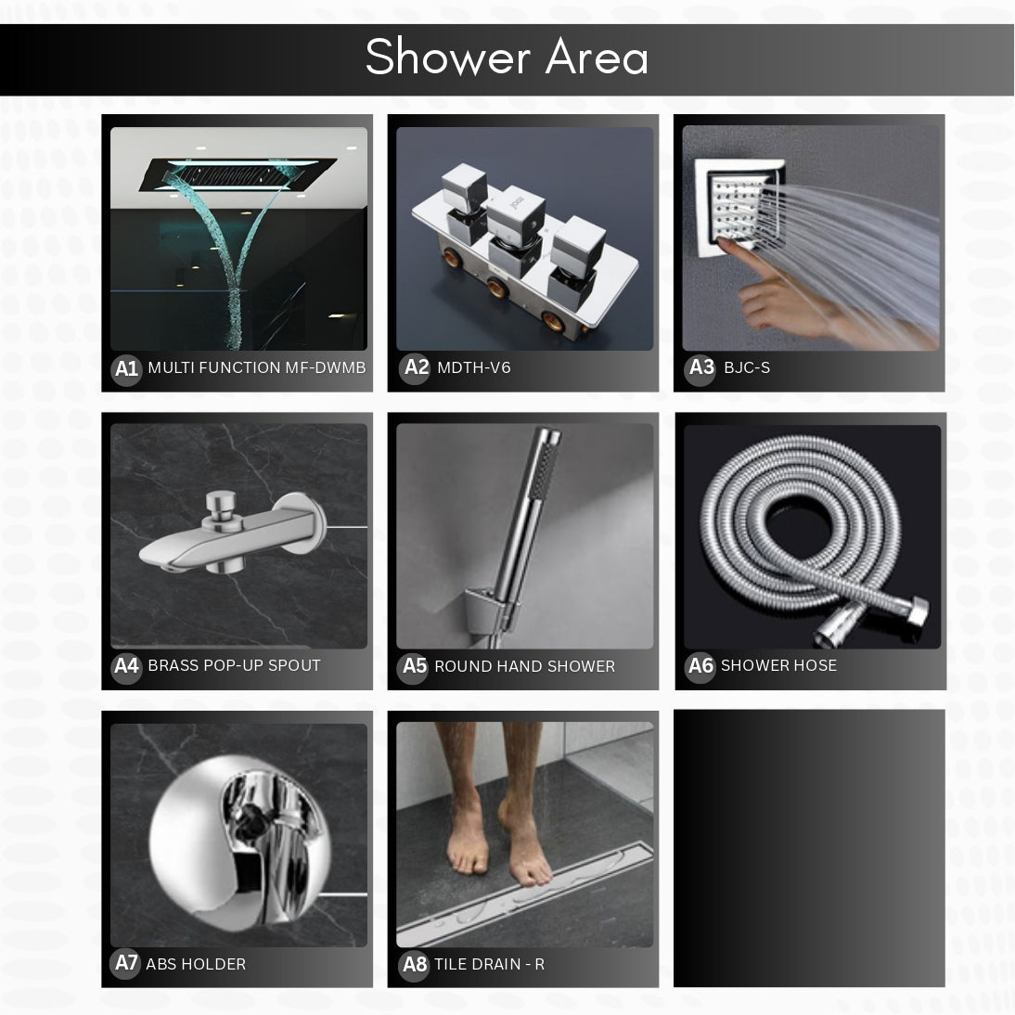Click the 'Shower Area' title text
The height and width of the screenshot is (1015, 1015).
[507, 58]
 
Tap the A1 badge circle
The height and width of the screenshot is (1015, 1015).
[125, 369]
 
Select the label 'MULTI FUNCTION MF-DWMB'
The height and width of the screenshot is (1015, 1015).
[256, 368]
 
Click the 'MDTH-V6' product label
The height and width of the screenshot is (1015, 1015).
[473, 368]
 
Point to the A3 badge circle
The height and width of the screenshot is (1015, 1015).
[701, 368]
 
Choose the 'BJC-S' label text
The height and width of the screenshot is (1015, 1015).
[747, 368]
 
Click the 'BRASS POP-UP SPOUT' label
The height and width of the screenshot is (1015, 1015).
[234, 666]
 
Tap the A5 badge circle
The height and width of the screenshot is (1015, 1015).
[415, 667]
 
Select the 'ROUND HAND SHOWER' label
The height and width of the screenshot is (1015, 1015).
[524, 667]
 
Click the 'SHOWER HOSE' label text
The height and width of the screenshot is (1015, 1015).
[778, 666]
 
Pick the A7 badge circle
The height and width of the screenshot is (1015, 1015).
[126, 964]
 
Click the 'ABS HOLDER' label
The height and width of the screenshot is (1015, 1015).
[196, 965]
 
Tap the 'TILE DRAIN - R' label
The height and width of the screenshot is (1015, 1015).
[489, 965]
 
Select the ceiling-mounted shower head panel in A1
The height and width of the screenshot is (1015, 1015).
[238, 173]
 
